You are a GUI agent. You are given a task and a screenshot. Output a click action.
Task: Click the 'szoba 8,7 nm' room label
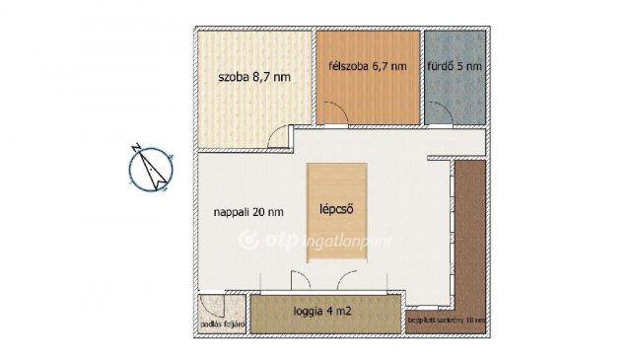(253, 75)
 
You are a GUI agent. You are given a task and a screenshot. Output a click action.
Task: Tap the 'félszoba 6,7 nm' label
(366, 67)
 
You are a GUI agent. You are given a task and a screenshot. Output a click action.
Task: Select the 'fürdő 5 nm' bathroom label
(455, 67)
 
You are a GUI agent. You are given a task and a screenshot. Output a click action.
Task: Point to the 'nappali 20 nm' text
(249, 210)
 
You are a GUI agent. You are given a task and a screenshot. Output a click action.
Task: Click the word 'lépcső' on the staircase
(337, 209)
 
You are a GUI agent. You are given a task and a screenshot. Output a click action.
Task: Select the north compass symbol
(151, 167)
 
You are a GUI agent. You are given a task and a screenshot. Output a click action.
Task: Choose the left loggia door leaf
(293, 280)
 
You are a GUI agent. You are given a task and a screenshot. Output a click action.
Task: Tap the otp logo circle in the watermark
(250, 239)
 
